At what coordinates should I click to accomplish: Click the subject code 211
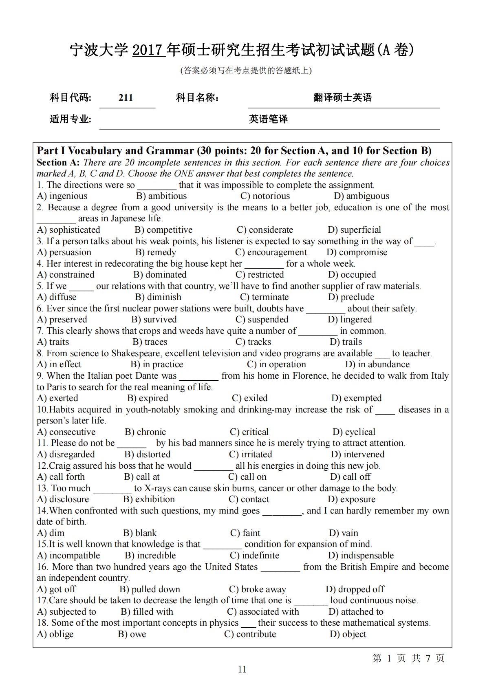[126, 97]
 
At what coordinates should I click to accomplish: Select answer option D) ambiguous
[362, 196]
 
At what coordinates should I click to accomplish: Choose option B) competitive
[163, 230]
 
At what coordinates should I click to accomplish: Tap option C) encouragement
[271, 252]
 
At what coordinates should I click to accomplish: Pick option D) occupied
[352, 275]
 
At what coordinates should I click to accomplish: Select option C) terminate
[264, 297]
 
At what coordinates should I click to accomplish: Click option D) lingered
[350, 320]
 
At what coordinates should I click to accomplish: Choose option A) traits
[53, 342]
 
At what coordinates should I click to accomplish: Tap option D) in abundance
[377, 364]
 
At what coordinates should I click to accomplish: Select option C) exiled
[249, 398]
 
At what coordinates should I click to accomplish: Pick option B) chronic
[145, 432]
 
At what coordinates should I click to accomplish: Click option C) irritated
[250, 454]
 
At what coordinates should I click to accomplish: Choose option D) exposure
[351, 499]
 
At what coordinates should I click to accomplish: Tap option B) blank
[140, 533]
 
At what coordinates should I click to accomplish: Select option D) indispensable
[361, 556]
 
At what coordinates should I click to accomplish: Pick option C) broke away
[258, 589]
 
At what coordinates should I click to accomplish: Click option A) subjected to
[66, 612]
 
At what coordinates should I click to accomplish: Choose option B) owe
[132, 634]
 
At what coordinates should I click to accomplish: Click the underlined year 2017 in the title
[149, 50]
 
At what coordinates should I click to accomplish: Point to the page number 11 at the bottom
[242, 669]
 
